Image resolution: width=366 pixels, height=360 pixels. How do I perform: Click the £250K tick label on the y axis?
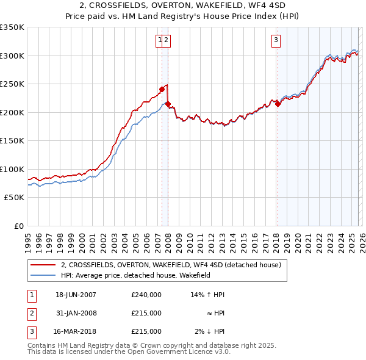(x=12, y=84)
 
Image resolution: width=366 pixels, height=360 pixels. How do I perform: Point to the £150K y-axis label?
(x=12, y=140)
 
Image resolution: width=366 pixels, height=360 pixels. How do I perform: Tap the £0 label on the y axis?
(x=18, y=226)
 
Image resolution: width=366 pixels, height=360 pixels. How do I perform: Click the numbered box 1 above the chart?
(x=160, y=41)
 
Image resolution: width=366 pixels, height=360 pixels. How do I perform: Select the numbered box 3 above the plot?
(x=276, y=41)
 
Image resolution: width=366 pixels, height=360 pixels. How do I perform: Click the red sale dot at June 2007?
(x=162, y=89)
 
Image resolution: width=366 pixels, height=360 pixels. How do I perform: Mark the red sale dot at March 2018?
(x=278, y=104)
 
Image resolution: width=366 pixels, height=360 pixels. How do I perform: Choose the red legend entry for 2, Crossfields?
(x=171, y=265)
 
